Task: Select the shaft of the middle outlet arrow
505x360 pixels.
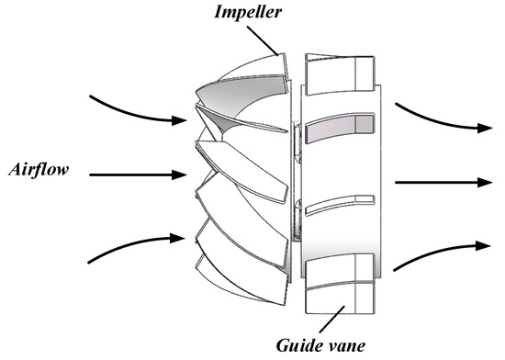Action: click(432, 183)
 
